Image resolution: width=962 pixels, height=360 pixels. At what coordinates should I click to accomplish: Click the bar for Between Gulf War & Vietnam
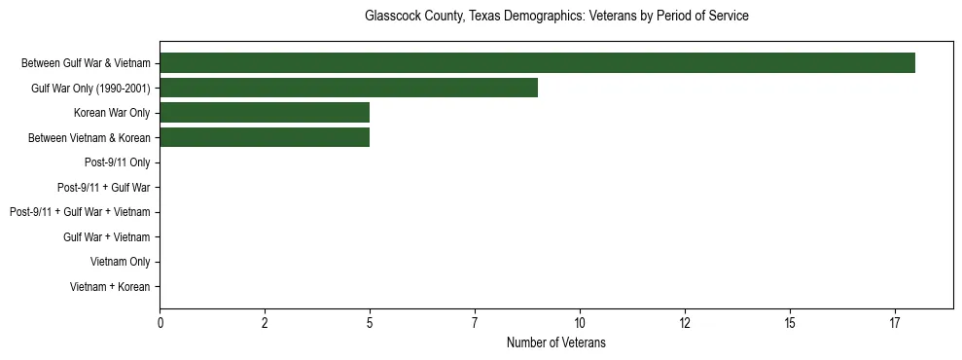tap(537, 63)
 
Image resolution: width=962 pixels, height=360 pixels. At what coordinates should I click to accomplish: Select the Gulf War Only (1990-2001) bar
tap(348, 89)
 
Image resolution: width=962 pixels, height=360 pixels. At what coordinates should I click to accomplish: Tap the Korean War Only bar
tap(265, 113)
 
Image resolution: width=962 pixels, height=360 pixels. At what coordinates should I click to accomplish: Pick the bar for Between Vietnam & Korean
tap(265, 138)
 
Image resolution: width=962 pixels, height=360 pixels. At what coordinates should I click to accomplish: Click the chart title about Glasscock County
tap(556, 17)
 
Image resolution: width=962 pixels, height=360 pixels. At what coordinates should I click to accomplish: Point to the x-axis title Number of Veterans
tap(556, 342)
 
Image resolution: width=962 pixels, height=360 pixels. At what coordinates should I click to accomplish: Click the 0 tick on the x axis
tap(160, 323)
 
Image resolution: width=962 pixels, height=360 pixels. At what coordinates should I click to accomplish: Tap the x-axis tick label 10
tap(580, 323)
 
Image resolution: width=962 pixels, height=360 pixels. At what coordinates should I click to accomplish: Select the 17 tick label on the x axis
tap(895, 323)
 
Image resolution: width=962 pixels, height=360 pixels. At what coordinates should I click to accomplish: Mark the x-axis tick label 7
tap(475, 323)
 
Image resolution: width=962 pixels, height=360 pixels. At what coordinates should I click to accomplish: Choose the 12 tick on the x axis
tap(685, 323)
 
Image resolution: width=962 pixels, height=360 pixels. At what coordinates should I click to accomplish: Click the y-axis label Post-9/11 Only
tap(118, 162)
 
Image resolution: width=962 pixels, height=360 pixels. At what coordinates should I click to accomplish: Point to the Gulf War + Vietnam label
tap(107, 237)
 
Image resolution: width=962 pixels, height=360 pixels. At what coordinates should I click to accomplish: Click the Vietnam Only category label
tap(121, 262)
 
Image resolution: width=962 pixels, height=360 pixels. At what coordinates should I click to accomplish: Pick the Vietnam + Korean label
tap(110, 287)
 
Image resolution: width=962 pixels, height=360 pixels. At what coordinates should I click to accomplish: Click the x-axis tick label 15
tap(790, 323)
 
